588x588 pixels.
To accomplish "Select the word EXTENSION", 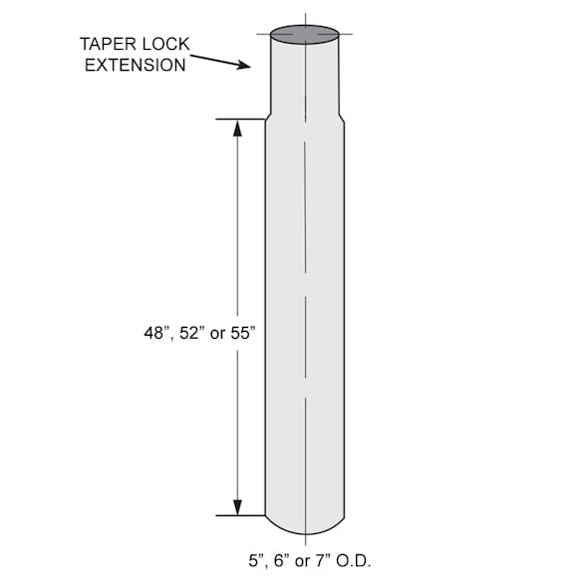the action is point(135,65).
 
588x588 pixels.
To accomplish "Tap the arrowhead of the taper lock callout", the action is point(243,65).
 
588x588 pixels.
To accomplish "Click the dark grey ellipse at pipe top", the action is point(305,35).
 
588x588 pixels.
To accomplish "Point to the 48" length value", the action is point(155,333).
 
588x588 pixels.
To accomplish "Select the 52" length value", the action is point(191,333).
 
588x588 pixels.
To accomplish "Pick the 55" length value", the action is point(242,333).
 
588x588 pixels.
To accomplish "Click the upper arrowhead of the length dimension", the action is point(237,128).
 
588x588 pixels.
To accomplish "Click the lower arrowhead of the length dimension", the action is point(237,507).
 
